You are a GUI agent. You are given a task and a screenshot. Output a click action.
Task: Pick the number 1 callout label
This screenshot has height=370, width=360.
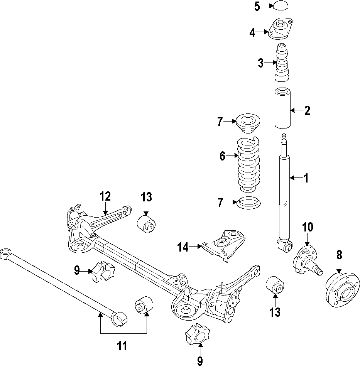click(x=306, y=178)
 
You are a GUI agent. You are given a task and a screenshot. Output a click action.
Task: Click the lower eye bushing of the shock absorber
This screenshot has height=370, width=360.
click(x=286, y=246)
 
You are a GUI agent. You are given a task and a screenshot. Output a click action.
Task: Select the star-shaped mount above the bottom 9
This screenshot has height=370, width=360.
click(x=197, y=335)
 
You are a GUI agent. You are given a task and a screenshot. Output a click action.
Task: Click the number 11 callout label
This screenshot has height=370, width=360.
click(x=122, y=346)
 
